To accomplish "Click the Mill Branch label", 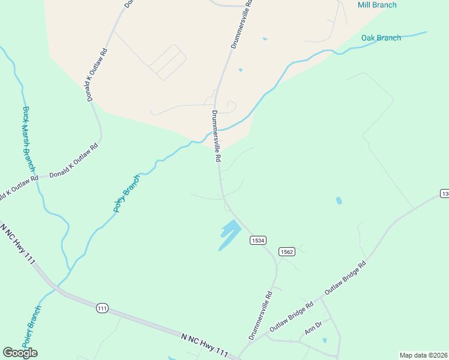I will click(x=377, y=5).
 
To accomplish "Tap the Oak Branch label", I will click(x=381, y=38).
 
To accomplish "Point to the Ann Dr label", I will click(x=313, y=328).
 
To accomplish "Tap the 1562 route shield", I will click(x=286, y=251).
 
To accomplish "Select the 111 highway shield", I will click(x=102, y=308).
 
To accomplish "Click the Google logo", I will click(x=20, y=353).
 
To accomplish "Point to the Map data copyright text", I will click(x=424, y=355).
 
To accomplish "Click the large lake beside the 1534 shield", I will click(x=229, y=234).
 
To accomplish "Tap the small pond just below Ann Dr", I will click(x=324, y=341).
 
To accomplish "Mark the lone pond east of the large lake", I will click(x=339, y=200).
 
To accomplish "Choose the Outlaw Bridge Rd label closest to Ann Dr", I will click(x=292, y=316).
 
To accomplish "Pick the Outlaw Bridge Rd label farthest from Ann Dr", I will click(x=345, y=278).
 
